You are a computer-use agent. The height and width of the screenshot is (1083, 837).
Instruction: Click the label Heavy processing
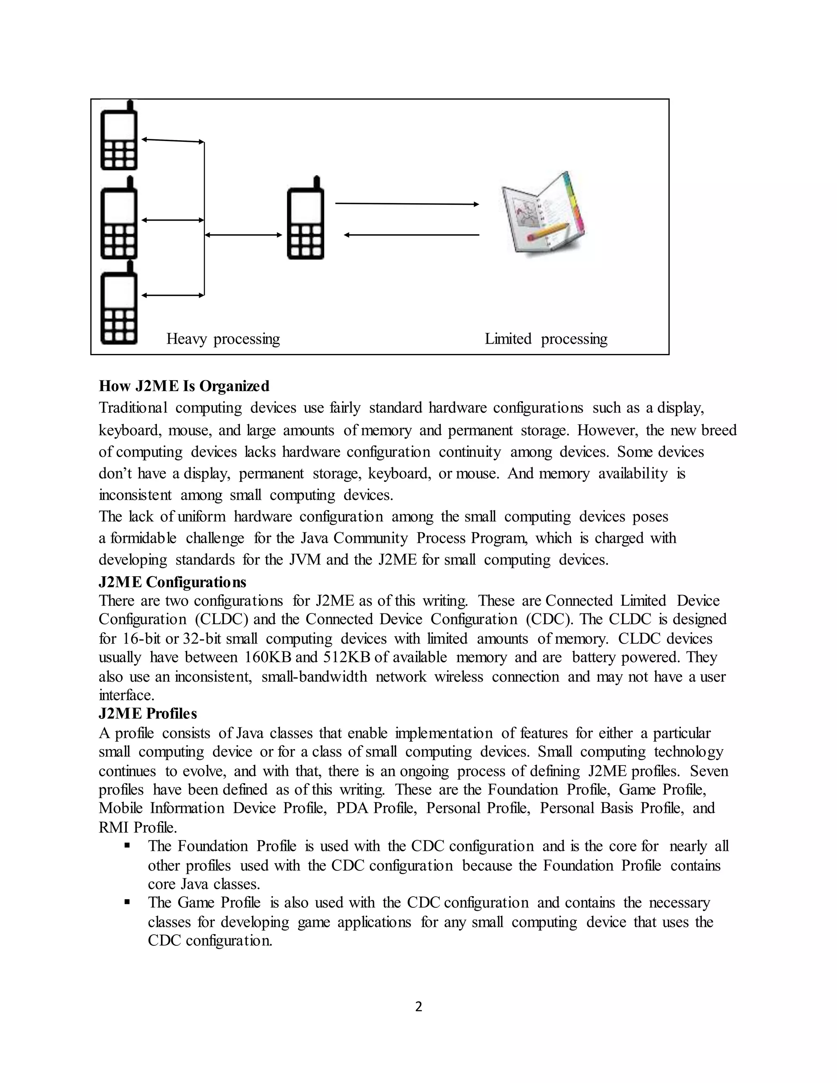[x=223, y=339]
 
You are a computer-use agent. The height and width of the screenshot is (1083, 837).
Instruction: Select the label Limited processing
[x=546, y=339]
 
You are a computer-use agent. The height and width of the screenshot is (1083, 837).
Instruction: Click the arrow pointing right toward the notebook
[x=407, y=204]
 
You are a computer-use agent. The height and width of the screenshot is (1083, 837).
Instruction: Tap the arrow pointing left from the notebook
[x=412, y=235]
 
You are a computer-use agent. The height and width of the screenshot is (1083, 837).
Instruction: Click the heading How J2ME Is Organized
[x=184, y=386]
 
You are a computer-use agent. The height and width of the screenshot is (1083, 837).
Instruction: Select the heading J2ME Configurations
[x=172, y=582]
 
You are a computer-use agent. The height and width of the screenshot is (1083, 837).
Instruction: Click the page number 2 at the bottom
[x=418, y=1007]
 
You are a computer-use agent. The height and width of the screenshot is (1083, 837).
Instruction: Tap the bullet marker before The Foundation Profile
[x=128, y=846]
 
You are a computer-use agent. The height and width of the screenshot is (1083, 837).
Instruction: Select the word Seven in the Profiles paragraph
[x=709, y=771]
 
